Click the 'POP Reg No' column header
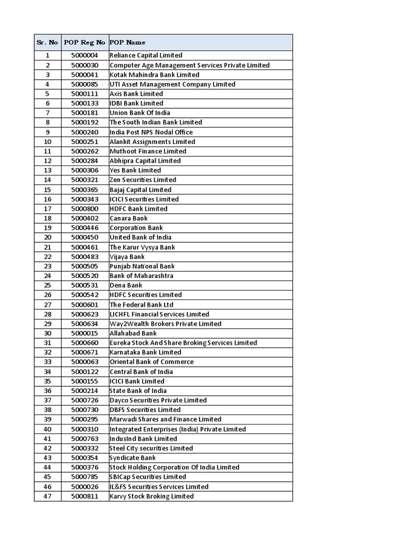85,42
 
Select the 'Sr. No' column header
47,42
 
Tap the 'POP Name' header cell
128,42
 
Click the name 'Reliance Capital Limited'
146,55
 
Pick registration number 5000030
85,65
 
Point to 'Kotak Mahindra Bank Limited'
155,75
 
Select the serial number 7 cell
47,113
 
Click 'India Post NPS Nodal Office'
151,132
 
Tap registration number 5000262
85,151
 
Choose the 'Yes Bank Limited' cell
136,170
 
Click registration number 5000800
85,209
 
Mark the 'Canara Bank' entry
129,218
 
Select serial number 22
47,256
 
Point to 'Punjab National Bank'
142,266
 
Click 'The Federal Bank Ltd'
142,305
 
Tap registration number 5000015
85,333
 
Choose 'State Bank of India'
138,390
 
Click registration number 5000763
85,439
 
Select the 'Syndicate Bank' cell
133,458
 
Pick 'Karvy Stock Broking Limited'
151,496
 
